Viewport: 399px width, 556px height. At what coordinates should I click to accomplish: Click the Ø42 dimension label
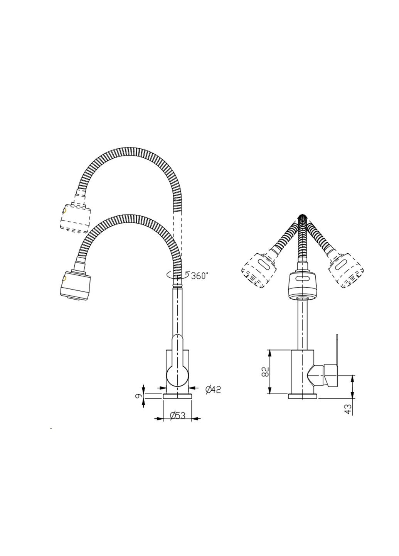click(x=212, y=390)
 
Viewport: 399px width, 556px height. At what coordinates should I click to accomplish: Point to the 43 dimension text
click(x=349, y=409)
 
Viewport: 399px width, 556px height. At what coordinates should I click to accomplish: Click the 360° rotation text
click(x=199, y=275)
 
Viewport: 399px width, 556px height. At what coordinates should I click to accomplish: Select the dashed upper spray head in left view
click(x=76, y=217)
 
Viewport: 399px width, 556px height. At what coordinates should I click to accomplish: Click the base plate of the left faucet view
click(x=178, y=396)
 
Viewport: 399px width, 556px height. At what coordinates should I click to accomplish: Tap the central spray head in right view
click(x=303, y=285)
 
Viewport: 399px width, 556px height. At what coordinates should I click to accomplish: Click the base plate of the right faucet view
click(x=303, y=396)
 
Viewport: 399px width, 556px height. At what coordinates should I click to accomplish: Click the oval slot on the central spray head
click(x=303, y=279)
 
